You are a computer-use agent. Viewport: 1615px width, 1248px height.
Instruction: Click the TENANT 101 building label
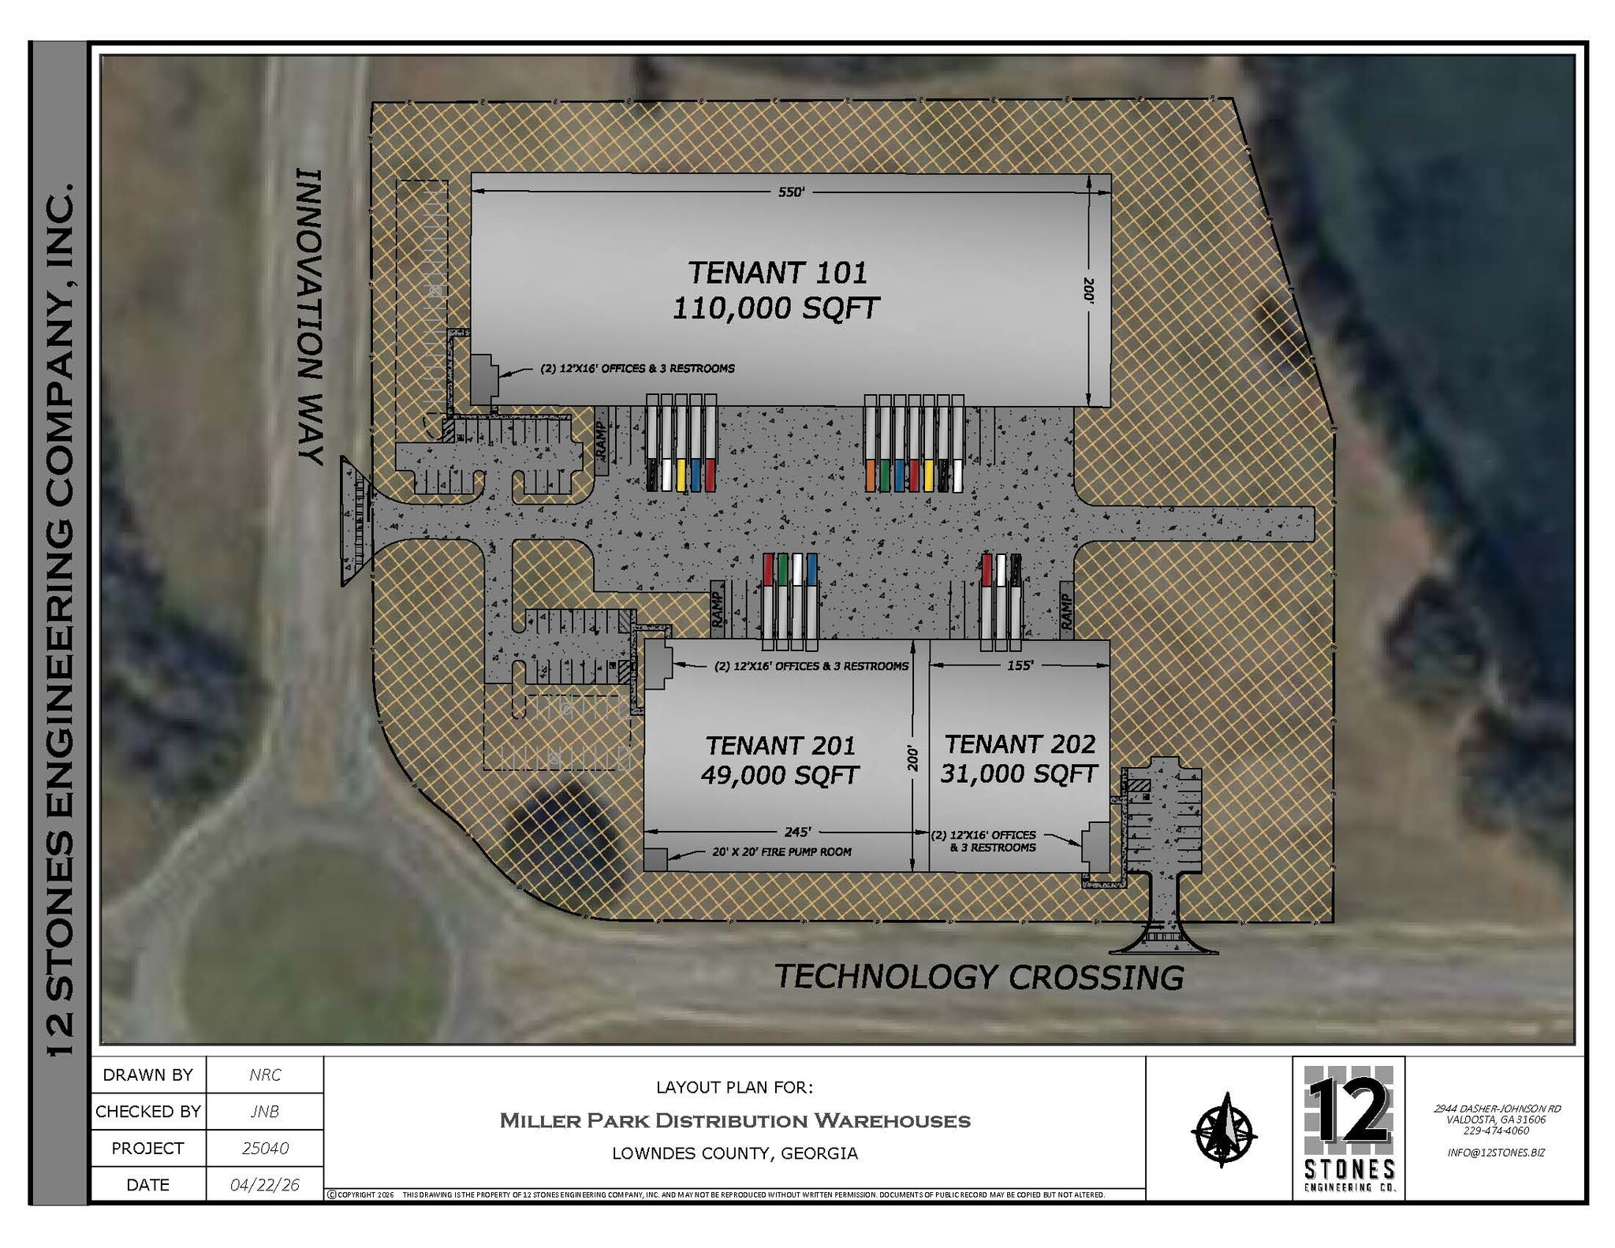click(778, 274)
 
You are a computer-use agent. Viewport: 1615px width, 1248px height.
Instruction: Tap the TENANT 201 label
click(780, 745)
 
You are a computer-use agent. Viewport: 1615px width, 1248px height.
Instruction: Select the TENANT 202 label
click(1020, 743)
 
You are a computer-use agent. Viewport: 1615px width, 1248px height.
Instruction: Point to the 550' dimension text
click(791, 192)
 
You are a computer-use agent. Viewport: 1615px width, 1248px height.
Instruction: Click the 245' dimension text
click(797, 832)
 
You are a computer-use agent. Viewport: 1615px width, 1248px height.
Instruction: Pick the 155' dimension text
click(1020, 665)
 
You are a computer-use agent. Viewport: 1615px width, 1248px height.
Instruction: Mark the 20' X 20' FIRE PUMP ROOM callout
click(781, 851)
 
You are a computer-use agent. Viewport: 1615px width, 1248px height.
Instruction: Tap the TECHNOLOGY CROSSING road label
click(979, 977)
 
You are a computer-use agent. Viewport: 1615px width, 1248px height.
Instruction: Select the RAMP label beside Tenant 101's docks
click(601, 441)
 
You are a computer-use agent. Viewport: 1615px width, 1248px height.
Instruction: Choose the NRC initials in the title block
click(264, 1075)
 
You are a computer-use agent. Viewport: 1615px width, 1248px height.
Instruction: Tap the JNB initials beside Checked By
click(264, 1112)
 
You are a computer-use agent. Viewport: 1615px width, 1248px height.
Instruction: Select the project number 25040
click(264, 1148)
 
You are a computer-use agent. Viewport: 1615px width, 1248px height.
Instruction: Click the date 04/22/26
click(264, 1185)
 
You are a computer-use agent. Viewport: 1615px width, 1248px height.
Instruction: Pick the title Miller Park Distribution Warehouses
click(734, 1120)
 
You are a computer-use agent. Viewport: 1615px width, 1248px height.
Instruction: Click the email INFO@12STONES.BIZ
click(1496, 1152)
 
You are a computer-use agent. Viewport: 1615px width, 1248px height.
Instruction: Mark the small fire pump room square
click(655, 859)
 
